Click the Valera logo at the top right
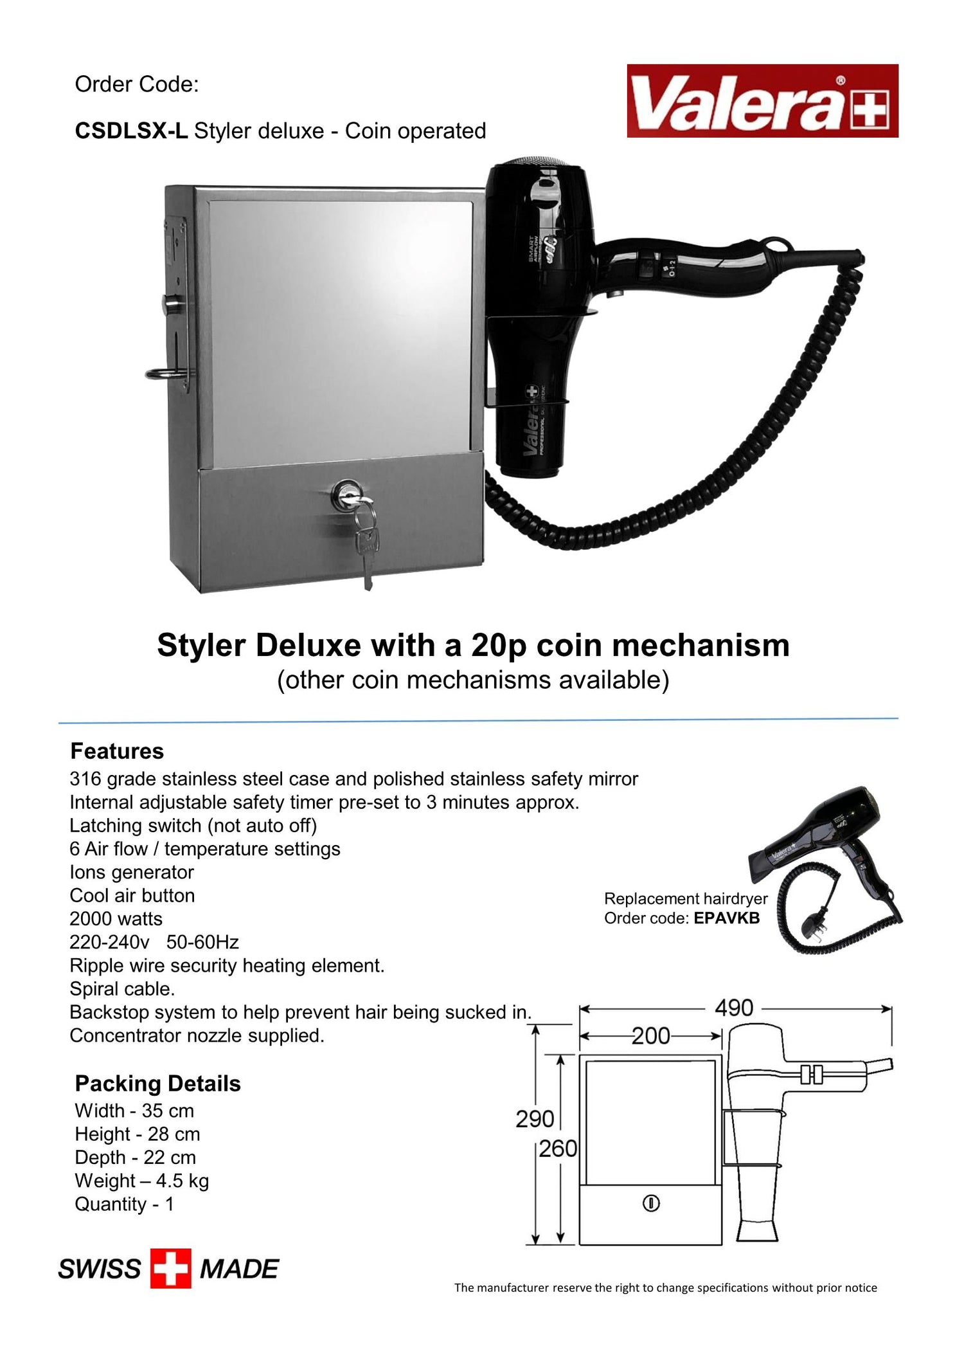pyautogui.click(x=762, y=101)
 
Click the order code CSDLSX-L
pyautogui.click(x=131, y=131)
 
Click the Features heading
pyautogui.click(x=117, y=751)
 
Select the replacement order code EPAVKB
pyautogui.click(x=726, y=918)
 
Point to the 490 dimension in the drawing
pyautogui.click(x=734, y=1008)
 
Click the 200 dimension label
pyautogui.click(x=650, y=1036)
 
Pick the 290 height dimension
pyautogui.click(x=535, y=1119)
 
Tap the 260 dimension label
pyautogui.click(x=558, y=1149)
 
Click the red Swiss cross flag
pyautogui.click(x=171, y=1269)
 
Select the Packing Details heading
pyautogui.click(x=157, y=1084)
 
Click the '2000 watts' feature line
pyautogui.click(x=116, y=919)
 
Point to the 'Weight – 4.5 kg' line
pyautogui.click(x=141, y=1181)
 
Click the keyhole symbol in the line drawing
pyautogui.click(x=651, y=1203)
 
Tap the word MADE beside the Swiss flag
pyautogui.click(x=239, y=1269)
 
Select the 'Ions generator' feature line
pyautogui.click(x=131, y=872)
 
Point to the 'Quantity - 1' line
pyautogui.click(x=124, y=1204)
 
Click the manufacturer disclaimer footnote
pyautogui.click(x=665, y=1287)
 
